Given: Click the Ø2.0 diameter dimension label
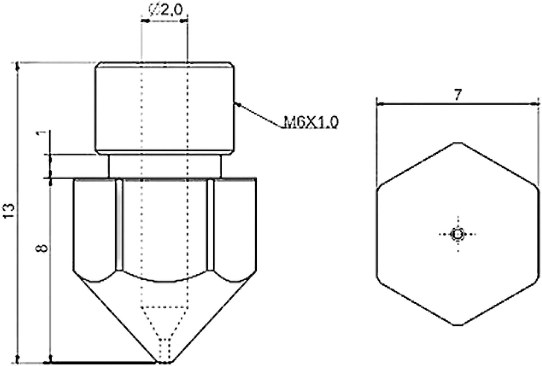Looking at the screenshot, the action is coord(165,10).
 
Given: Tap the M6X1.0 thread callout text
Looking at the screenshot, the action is coord(311,122).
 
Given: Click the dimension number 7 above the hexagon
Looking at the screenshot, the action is coord(457,95).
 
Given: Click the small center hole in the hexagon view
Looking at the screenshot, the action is coord(458,234).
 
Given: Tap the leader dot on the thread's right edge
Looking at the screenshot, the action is coord(238,105).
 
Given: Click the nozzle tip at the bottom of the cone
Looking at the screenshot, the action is coord(165,362).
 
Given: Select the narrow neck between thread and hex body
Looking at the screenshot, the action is coord(165,166).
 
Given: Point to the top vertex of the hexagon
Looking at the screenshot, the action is coord(458,143).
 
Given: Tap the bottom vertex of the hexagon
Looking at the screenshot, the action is coord(458,325).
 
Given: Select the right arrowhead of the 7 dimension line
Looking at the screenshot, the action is coord(535,104).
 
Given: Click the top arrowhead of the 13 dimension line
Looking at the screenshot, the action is coord(17,66).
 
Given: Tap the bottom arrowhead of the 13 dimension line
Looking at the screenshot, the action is coord(17,359).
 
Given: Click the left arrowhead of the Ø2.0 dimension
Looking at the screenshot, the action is coord(145,21).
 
